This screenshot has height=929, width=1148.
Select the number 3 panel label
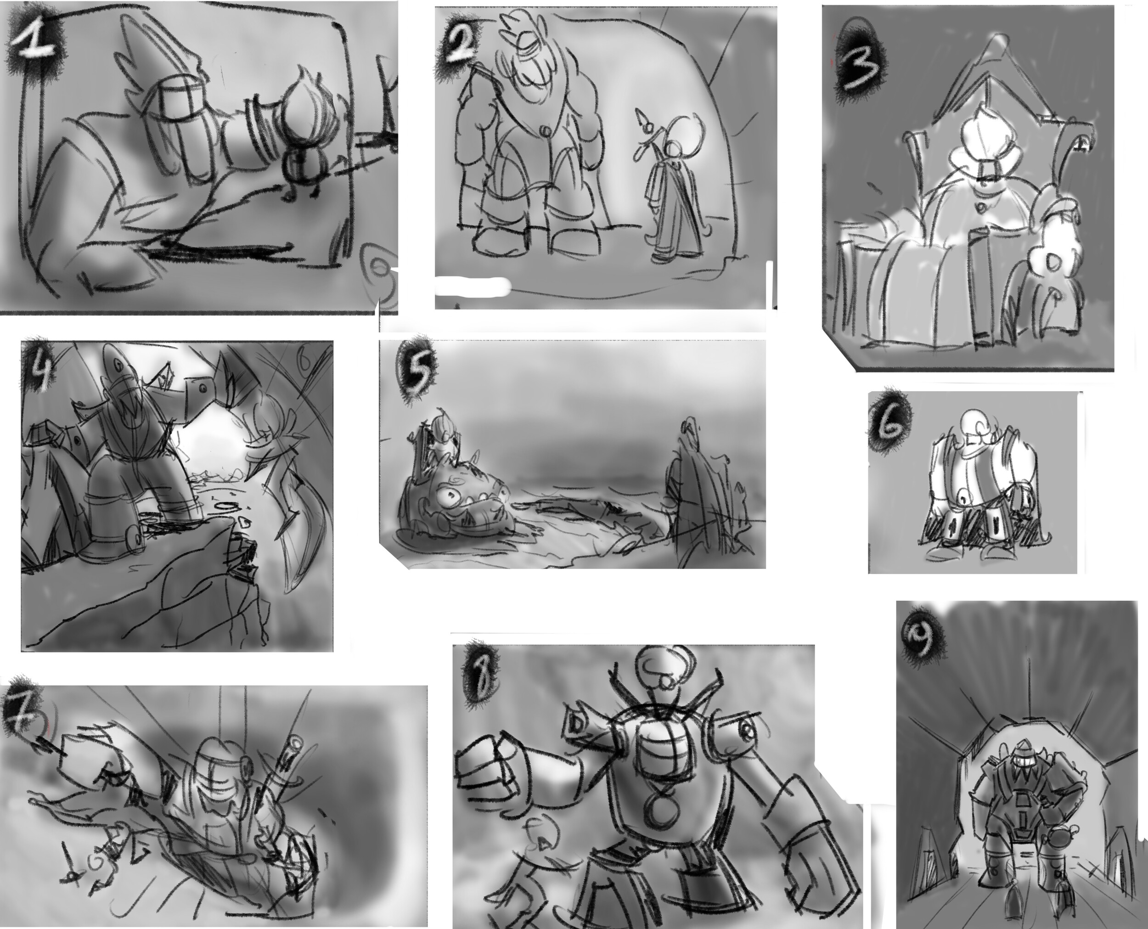(861, 67)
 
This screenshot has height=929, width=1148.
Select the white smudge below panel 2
(471, 286)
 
